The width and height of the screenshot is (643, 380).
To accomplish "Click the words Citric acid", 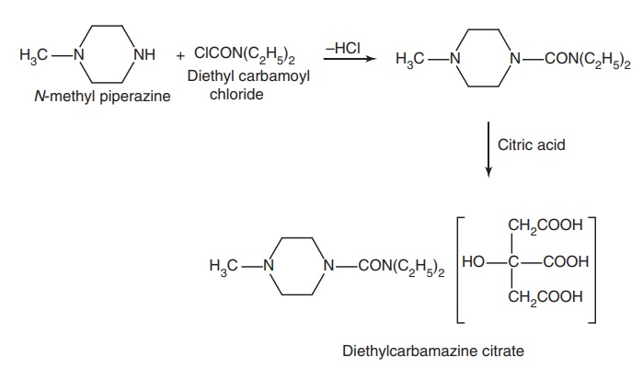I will point(531,144).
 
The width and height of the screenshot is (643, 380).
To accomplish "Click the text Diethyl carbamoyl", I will point(248,76).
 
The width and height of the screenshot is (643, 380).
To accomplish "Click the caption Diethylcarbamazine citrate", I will point(433,351).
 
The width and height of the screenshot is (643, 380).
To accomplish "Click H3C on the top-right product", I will point(410,62).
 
